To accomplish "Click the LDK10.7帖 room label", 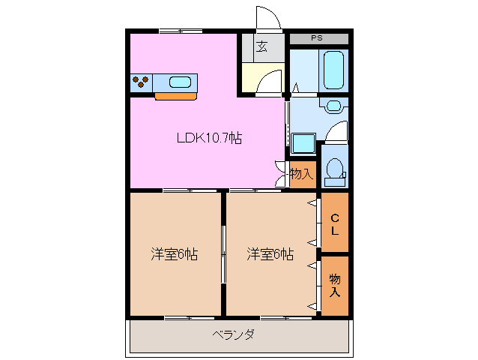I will pos(209,138).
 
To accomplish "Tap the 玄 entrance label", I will pos(262,46).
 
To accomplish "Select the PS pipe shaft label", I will pos(318,37).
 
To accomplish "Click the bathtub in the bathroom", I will pos(333,70).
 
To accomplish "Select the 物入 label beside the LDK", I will pos(301,175).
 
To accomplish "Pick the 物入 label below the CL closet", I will pos(335,285).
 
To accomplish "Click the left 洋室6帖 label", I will pos(174,254).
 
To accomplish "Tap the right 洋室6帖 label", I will pos(270,254).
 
